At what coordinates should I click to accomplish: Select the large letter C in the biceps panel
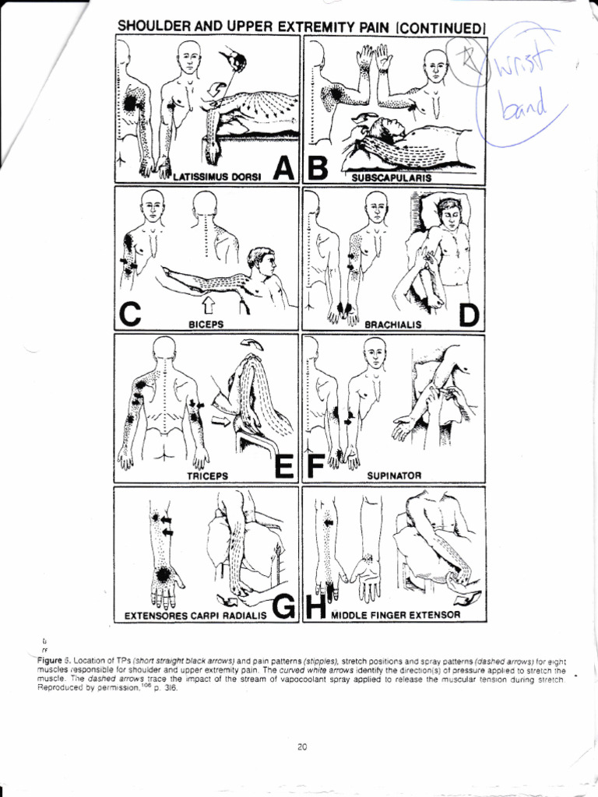pos(131,315)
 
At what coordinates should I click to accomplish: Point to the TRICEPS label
pos(205,474)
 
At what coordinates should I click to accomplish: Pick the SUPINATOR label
pos(393,474)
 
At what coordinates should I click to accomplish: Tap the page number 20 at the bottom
pos(302,747)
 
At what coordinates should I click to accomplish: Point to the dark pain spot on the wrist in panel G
pos(164,575)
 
